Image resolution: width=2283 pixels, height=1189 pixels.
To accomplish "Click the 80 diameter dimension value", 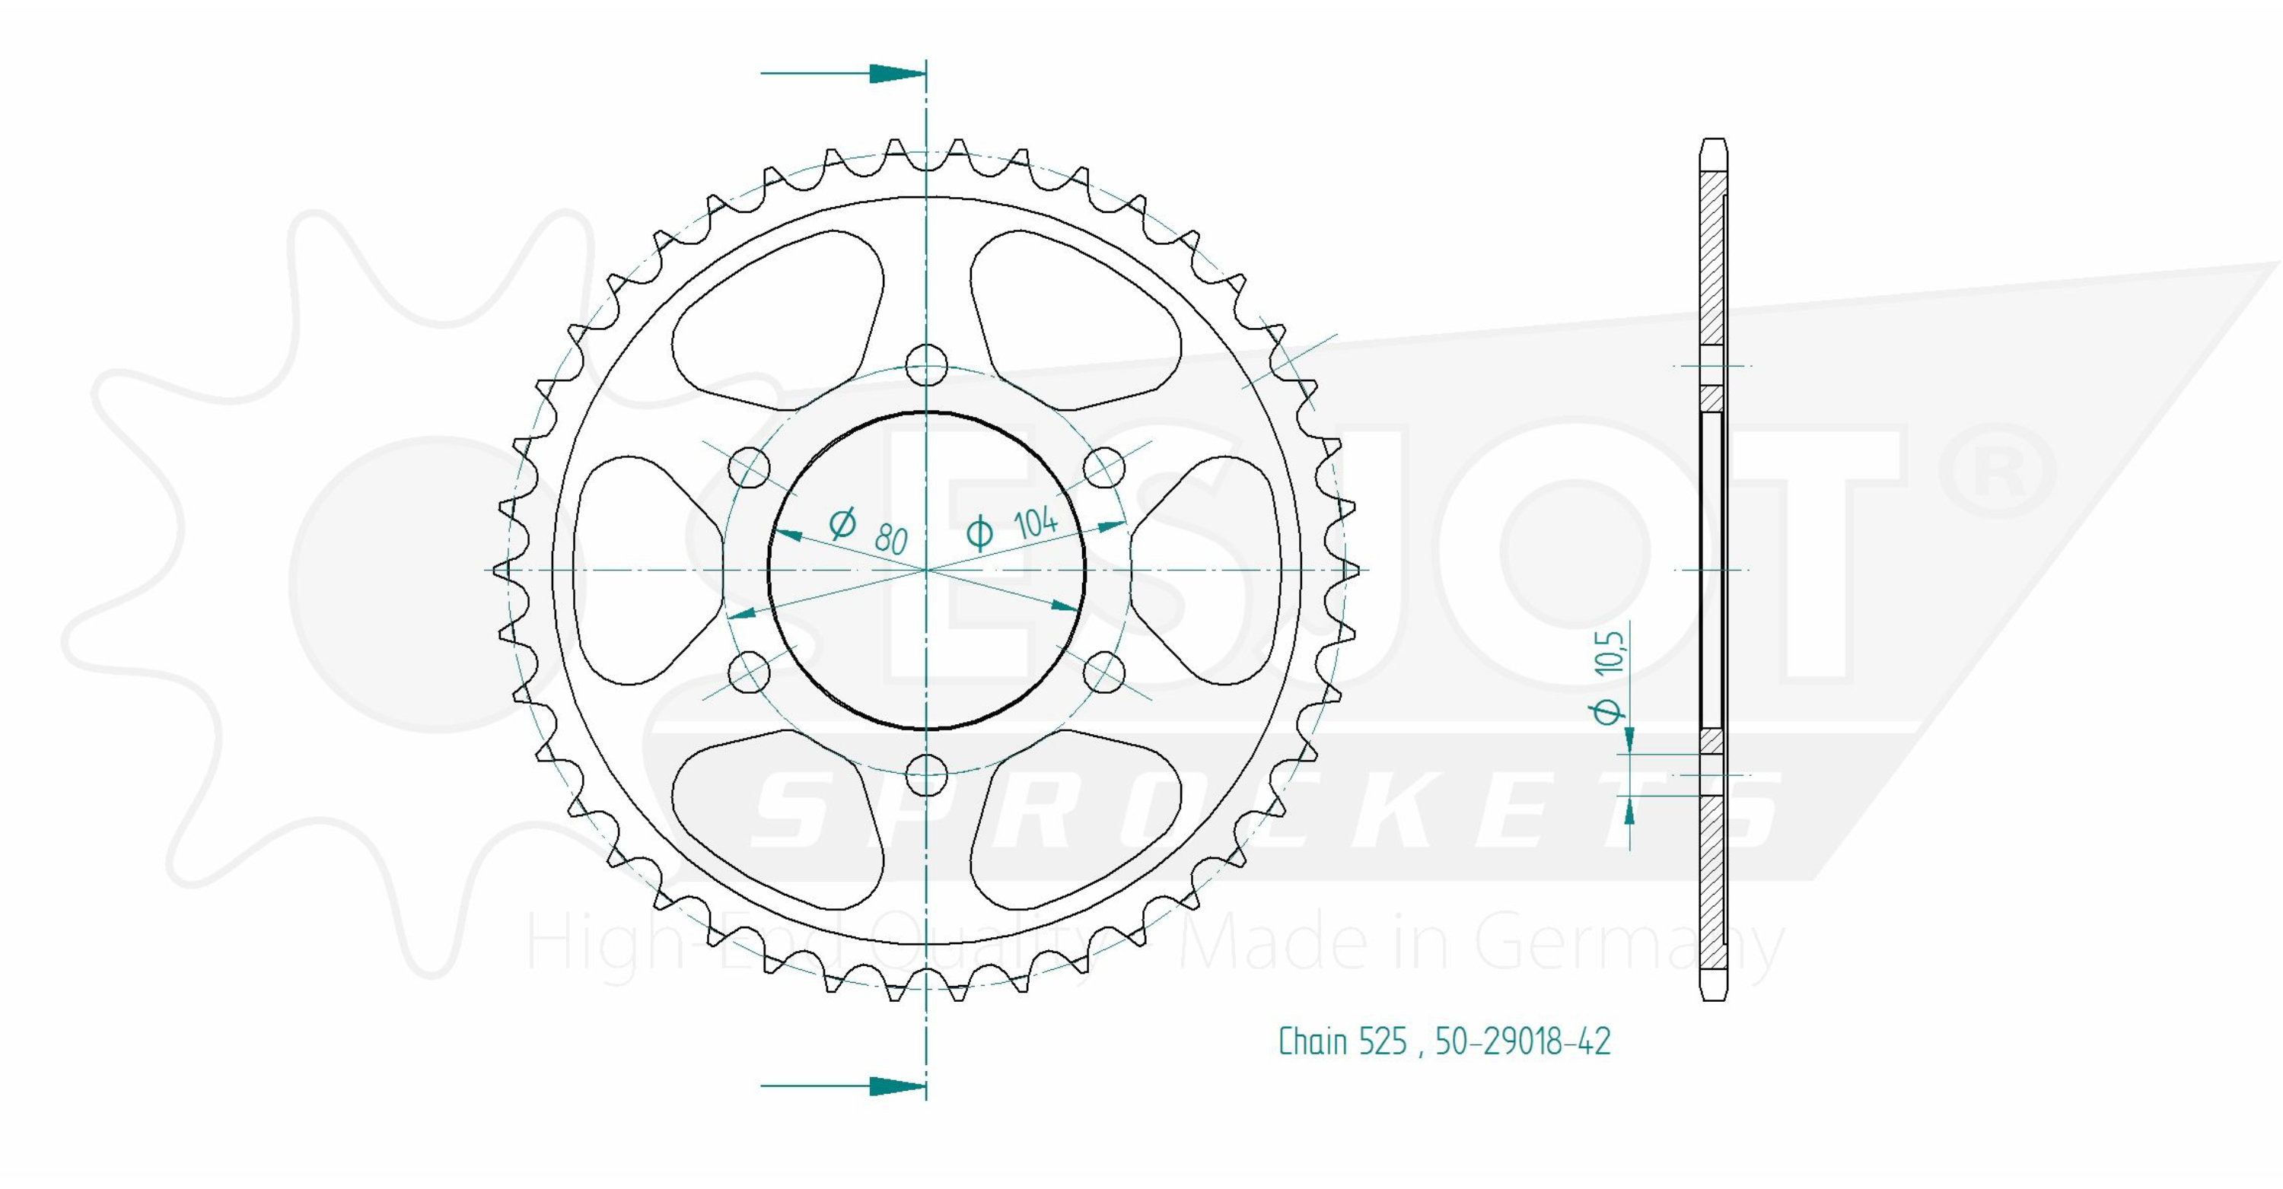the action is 890,539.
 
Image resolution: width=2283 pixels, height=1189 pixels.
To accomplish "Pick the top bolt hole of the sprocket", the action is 927,365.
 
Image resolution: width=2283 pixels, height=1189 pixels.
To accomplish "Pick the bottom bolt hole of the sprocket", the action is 927,775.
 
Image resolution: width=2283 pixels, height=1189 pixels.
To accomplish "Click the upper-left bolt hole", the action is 749,467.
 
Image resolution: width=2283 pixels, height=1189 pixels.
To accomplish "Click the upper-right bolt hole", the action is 1105,467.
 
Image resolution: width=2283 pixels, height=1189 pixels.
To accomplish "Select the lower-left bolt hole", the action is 749,672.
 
